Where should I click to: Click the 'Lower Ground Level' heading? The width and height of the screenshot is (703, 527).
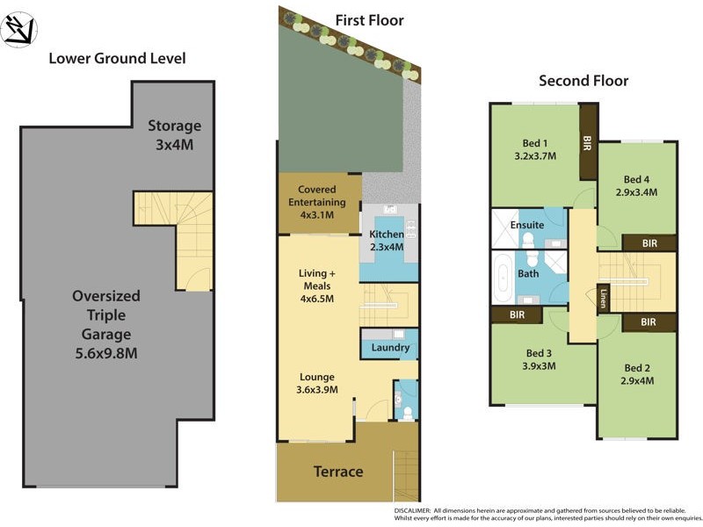pos(117,59)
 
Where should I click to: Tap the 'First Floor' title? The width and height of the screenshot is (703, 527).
pos(369,19)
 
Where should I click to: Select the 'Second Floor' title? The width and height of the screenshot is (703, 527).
pos(583,82)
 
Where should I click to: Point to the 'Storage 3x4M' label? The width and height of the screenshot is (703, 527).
pos(174,134)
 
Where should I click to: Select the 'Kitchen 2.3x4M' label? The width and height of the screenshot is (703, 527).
pos(387,241)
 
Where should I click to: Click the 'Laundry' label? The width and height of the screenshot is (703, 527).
pos(390,348)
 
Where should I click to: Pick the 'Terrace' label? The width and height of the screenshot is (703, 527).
pos(338,472)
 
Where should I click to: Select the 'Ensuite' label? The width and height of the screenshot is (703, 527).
pos(527,225)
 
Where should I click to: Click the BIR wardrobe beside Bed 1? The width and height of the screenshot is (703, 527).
pos(588,143)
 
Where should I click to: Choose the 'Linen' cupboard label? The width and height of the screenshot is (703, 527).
pos(604,300)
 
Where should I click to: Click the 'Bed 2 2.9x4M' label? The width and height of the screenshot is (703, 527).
pos(637,374)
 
